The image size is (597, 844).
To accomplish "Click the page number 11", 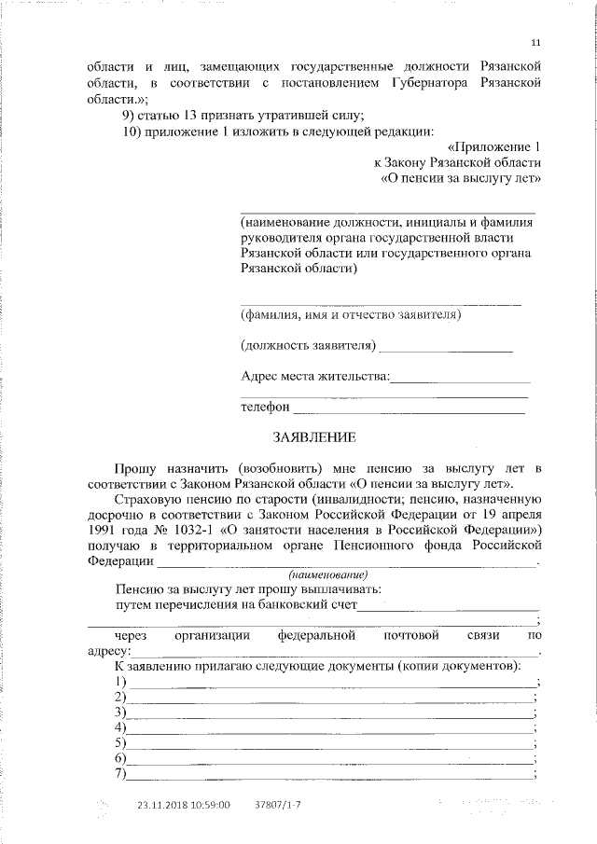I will pyautogui.click(x=535, y=43).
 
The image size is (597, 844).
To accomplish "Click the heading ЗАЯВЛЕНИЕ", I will pyautogui.click(x=314, y=436).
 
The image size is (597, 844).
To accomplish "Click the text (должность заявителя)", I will pyautogui.click(x=308, y=346).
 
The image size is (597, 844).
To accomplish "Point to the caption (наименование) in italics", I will pyautogui.click(x=329, y=574).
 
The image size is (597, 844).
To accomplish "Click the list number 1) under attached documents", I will pyautogui.click(x=119, y=684).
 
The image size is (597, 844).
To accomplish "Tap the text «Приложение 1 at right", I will pyautogui.click(x=493, y=146).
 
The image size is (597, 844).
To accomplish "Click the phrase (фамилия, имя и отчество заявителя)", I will pyautogui.click(x=351, y=315).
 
